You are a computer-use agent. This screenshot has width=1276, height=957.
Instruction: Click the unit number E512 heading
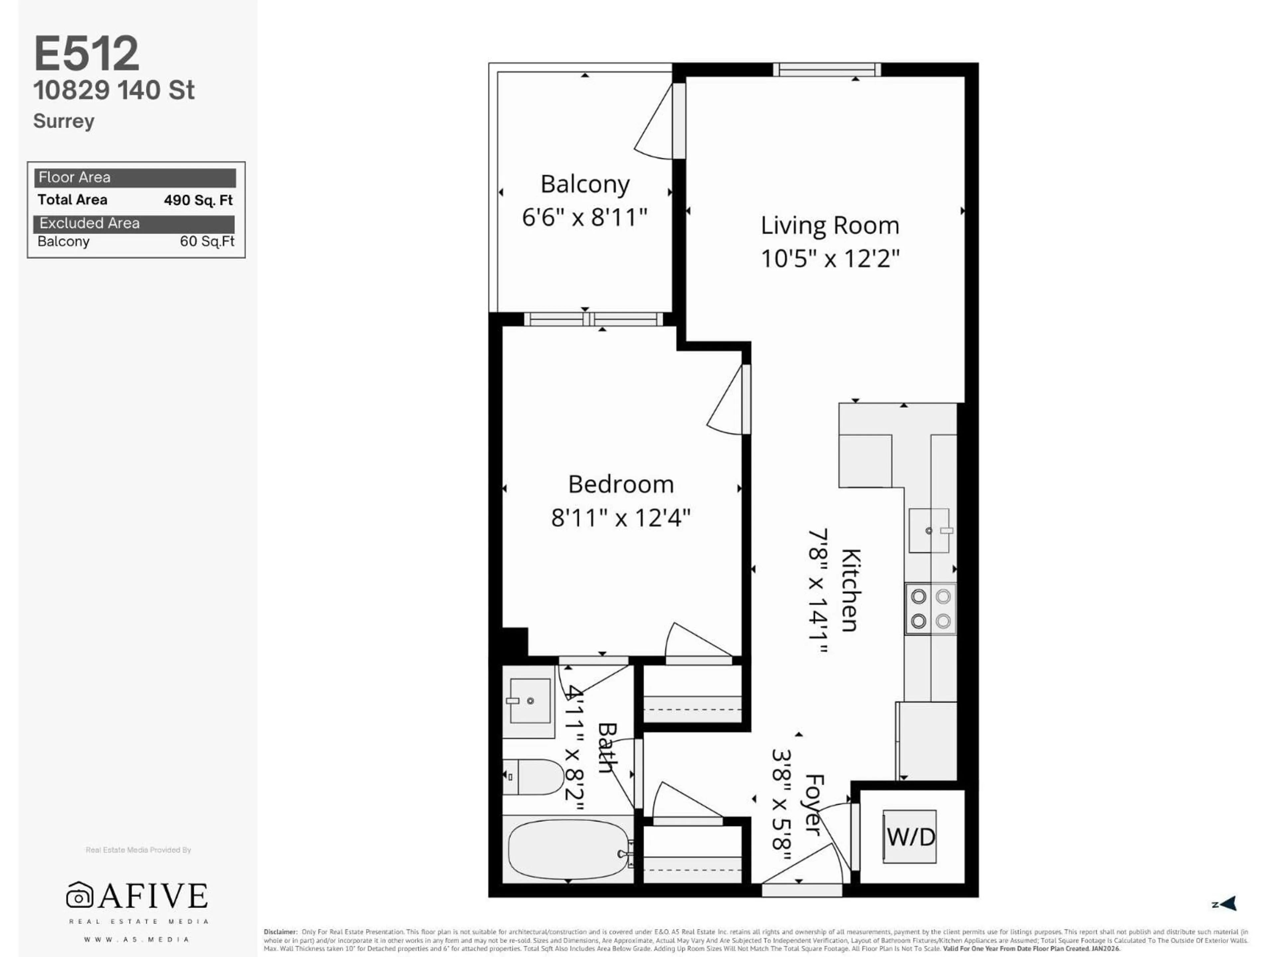[86, 53]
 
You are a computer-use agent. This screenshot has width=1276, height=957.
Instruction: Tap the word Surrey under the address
[63, 121]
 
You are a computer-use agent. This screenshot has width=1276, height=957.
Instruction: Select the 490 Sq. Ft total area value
[198, 200]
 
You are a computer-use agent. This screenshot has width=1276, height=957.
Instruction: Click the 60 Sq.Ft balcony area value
[206, 241]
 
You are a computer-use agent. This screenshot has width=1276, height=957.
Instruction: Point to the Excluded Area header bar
[134, 223]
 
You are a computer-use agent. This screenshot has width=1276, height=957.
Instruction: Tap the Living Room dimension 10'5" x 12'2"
[829, 259]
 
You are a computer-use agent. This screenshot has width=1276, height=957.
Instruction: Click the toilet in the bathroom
[534, 777]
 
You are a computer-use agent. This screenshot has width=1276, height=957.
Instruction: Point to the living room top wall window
[827, 70]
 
